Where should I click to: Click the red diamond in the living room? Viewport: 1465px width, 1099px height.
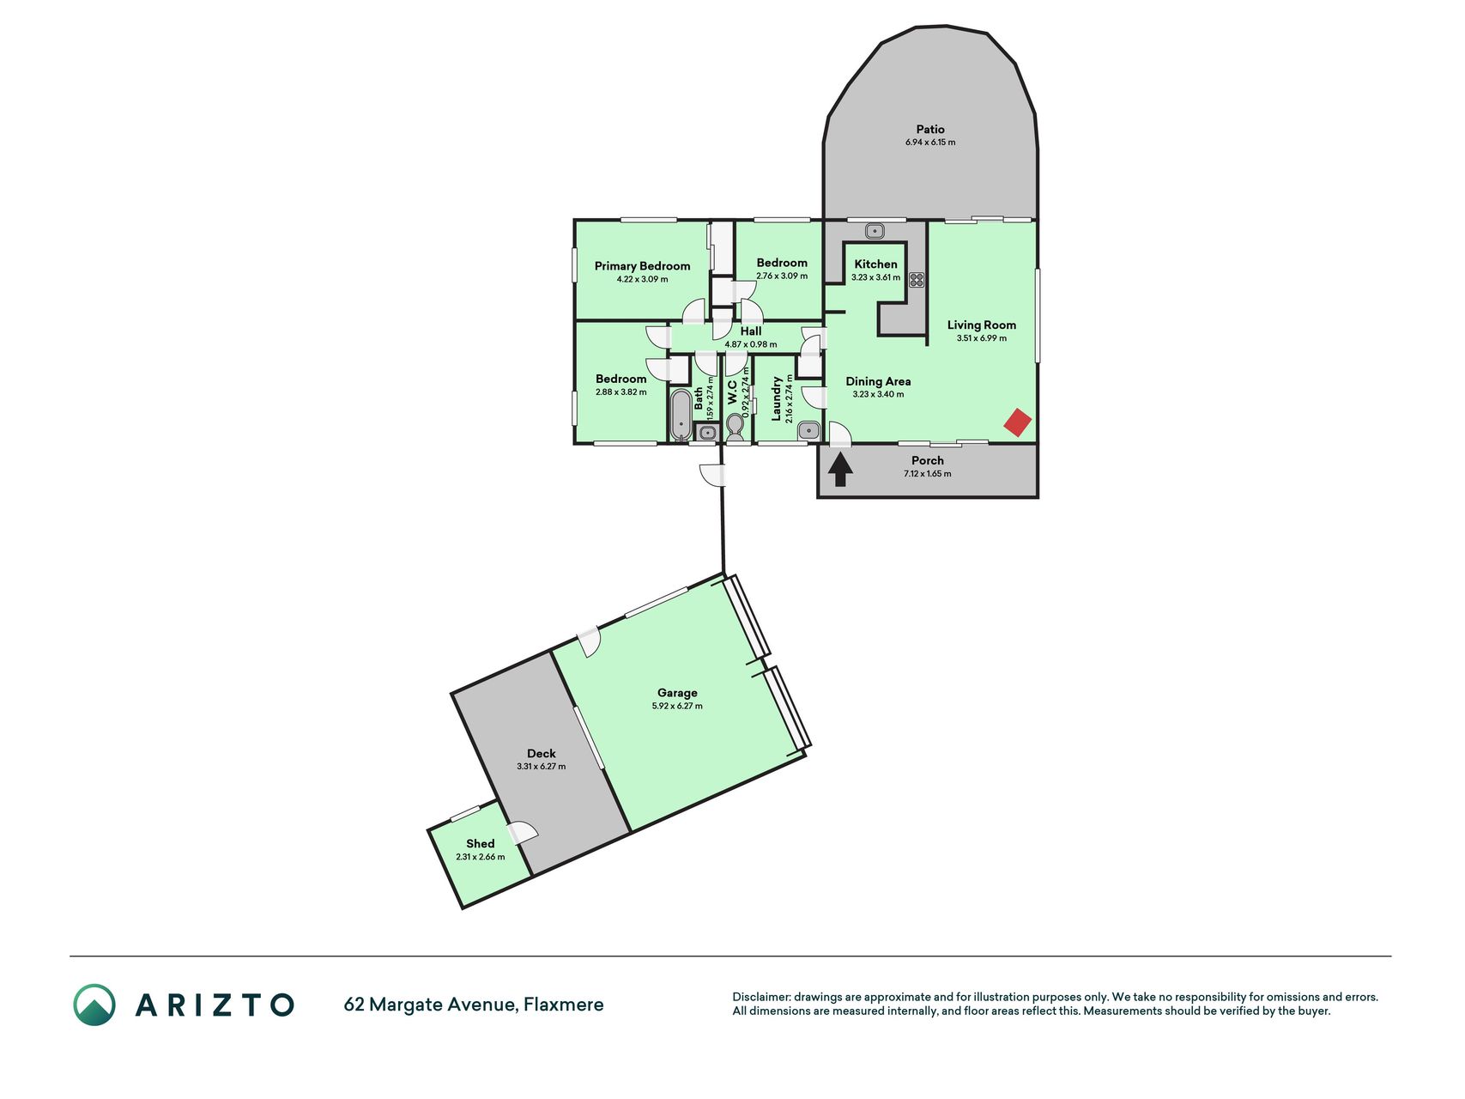tap(1018, 422)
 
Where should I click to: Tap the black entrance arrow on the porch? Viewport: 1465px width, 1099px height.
tap(839, 470)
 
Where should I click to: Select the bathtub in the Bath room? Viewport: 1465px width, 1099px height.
tap(681, 416)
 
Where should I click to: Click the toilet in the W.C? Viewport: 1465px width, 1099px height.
tap(735, 426)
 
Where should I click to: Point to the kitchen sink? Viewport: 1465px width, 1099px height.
tap(875, 231)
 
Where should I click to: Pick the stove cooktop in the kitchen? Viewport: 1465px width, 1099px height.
tap(917, 279)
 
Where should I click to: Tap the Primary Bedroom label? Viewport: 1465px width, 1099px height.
tap(642, 266)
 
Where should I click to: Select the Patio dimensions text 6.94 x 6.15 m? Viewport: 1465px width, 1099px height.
tap(930, 143)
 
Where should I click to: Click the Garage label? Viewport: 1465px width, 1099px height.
tap(677, 693)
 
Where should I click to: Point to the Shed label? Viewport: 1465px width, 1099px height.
tap(481, 844)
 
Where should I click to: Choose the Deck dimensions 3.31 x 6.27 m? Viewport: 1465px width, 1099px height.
tap(542, 767)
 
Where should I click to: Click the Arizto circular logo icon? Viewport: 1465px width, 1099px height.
tap(94, 1005)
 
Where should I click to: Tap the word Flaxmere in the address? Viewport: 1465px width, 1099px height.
tap(564, 1005)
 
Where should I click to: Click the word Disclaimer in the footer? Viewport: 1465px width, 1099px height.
tap(760, 997)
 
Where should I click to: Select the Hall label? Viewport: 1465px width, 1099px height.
tap(751, 331)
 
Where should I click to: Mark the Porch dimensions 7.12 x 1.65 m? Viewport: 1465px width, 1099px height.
tap(928, 474)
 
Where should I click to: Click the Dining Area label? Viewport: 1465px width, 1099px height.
tap(878, 382)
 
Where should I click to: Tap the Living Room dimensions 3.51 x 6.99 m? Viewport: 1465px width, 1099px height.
tap(982, 338)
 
